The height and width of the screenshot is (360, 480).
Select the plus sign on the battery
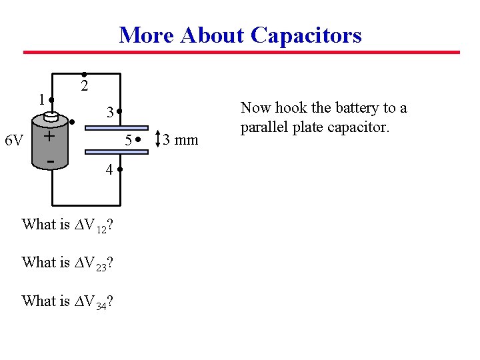[49, 136]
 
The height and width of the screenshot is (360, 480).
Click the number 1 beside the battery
[41, 99]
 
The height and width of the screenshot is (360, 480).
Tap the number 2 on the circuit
[84, 86]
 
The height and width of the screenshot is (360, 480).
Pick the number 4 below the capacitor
[108, 170]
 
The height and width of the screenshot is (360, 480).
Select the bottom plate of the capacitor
[117, 153]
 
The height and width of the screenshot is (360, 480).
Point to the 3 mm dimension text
[181, 140]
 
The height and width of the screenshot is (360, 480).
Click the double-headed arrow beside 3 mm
[157, 139]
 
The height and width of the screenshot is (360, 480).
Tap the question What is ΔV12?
[67, 225]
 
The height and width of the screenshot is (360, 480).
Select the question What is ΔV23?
[67, 263]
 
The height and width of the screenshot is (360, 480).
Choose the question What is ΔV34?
[67, 301]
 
